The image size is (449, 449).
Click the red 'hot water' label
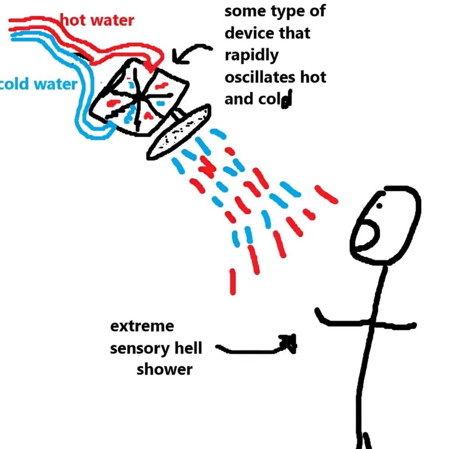click(97, 20)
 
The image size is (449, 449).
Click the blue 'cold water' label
click(39, 84)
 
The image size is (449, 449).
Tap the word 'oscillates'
click(260, 77)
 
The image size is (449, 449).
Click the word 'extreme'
click(142, 326)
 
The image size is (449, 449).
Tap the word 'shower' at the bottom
click(164, 370)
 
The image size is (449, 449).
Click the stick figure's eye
click(379, 206)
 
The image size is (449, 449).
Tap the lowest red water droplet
click(233, 281)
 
